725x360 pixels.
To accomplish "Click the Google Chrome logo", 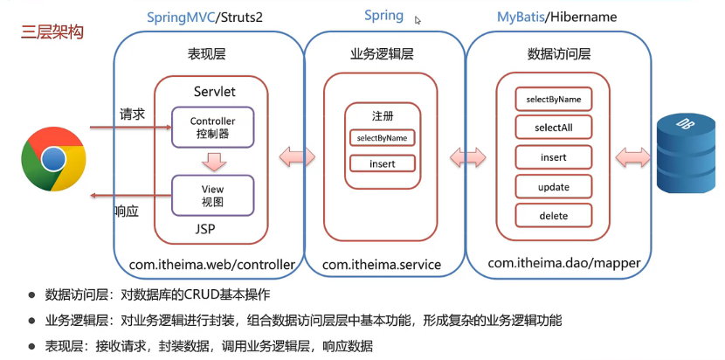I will tap(53, 158).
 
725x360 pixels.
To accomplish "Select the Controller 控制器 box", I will tap(212, 128).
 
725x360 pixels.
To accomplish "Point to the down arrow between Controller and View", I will tap(212, 162).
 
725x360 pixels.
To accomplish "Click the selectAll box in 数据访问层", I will tap(553, 128).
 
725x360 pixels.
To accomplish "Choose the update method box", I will tap(553, 187).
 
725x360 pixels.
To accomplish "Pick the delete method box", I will tap(553, 216).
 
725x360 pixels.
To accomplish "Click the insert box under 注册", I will tap(382, 163).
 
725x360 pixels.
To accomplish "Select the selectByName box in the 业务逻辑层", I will tap(382, 138).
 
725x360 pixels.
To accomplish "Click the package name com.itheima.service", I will tap(382, 263).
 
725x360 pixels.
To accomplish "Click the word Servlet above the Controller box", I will tap(214, 91).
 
